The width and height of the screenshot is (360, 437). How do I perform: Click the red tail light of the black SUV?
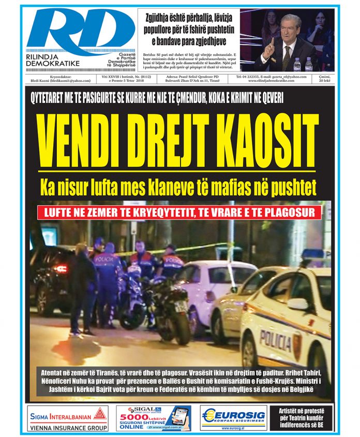pyautogui.click(x=62, y=269)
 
